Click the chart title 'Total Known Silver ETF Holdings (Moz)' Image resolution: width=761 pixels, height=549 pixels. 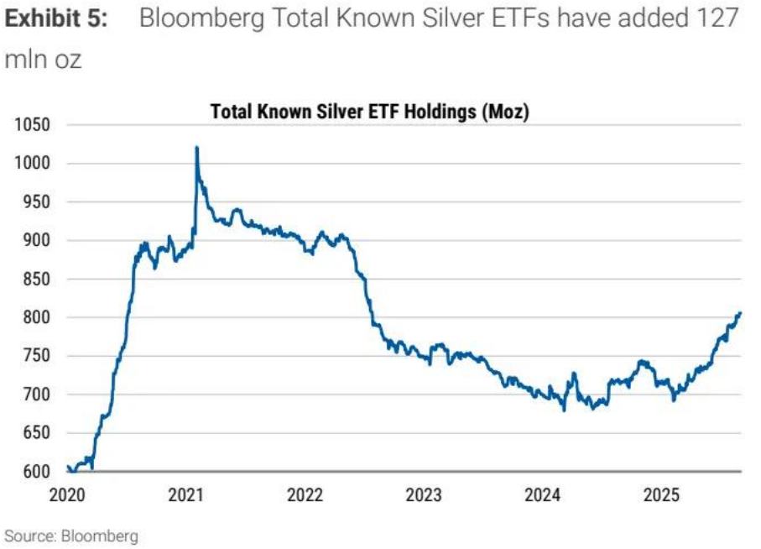coord(369,112)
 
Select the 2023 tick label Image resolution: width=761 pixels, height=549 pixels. coord(424,495)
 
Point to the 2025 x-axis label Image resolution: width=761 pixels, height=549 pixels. coord(661,495)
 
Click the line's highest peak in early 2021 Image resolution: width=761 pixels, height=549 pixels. coord(196,148)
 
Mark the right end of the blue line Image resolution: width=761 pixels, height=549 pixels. coord(740,313)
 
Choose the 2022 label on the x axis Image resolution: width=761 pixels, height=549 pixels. coord(305,495)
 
